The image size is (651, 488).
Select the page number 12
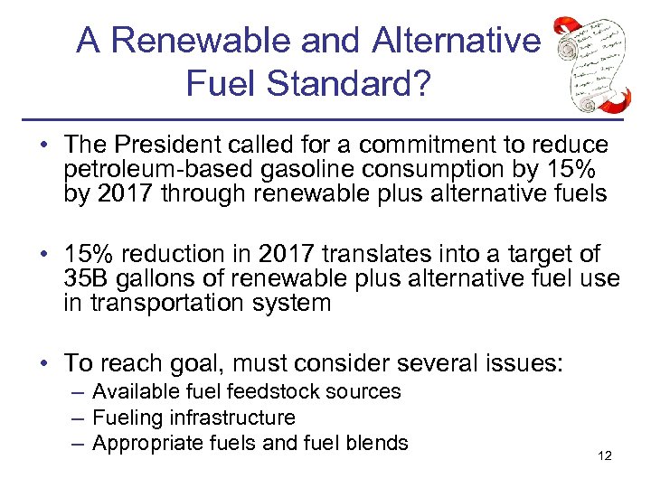[x=605, y=455]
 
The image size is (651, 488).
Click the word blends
[x=380, y=444]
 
